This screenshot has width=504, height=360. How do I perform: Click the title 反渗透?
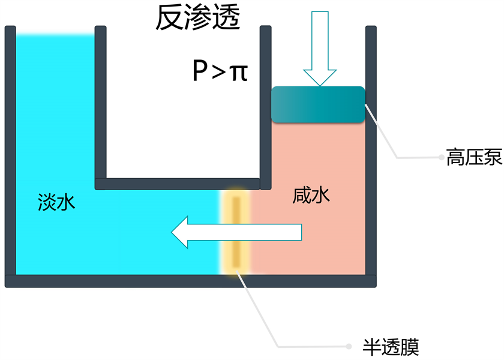pyautogui.click(x=197, y=19)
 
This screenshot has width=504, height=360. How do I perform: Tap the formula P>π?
pyautogui.click(x=220, y=72)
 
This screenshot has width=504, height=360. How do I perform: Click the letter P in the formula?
pyautogui.click(x=199, y=72)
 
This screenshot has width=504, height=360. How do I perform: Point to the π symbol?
pyautogui.click(x=239, y=73)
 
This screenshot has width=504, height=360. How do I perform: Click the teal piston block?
pyautogui.click(x=318, y=104)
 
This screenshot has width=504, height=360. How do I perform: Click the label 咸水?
pyautogui.click(x=311, y=196)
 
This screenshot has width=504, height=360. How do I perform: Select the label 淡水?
pyautogui.click(x=56, y=201)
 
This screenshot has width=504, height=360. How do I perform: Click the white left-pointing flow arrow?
pyautogui.click(x=236, y=232)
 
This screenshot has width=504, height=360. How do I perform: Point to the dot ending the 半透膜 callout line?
pyautogui.click(x=350, y=346)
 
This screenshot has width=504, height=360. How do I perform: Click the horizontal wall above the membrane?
pyautogui.click(x=178, y=183)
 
